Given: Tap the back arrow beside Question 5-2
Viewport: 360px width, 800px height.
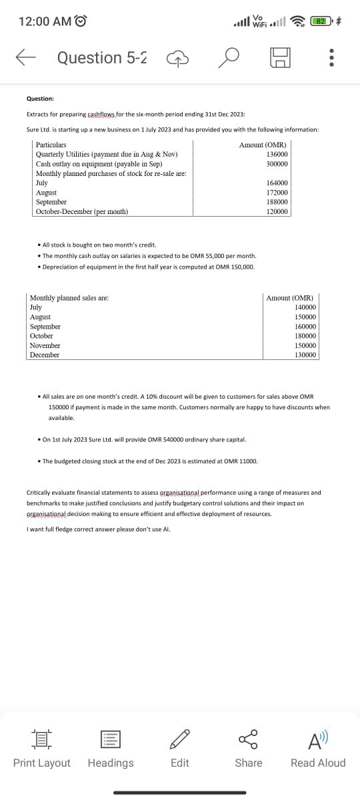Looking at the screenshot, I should pyautogui.click(x=25, y=58).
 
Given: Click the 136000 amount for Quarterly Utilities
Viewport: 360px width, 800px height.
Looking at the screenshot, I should pyautogui.click(x=277, y=154).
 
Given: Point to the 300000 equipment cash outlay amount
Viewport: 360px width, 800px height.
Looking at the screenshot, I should pyautogui.click(x=277, y=163).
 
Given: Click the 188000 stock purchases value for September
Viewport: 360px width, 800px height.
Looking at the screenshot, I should pyautogui.click(x=277, y=201).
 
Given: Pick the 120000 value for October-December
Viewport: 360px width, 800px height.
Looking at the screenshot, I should pyautogui.click(x=277, y=211).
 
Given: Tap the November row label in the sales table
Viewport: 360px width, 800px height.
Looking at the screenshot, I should pyautogui.click(x=45, y=345).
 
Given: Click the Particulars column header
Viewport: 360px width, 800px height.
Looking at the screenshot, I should pyautogui.click(x=51, y=145).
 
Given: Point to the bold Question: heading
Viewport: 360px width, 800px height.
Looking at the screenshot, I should pyautogui.click(x=41, y=99).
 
